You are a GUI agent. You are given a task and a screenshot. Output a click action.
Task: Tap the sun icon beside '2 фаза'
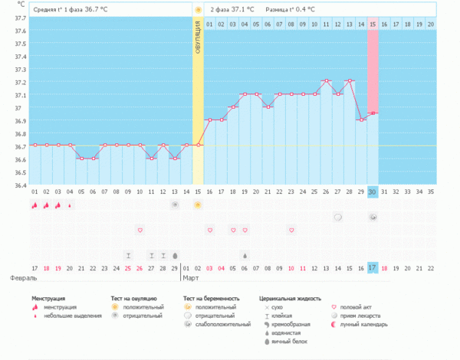coord(198,9)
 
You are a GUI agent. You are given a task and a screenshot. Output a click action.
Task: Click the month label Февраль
coord(16,278)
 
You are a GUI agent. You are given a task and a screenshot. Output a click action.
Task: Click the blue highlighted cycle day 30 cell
coord(373,191)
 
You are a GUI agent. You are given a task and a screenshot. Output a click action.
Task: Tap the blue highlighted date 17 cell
coord(373,267)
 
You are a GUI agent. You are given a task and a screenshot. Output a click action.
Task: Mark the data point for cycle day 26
coord(326,80)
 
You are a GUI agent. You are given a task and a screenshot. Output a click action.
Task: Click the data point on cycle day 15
coord(198,145)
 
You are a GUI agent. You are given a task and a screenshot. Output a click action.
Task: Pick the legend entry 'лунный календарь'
coord(363,323)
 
